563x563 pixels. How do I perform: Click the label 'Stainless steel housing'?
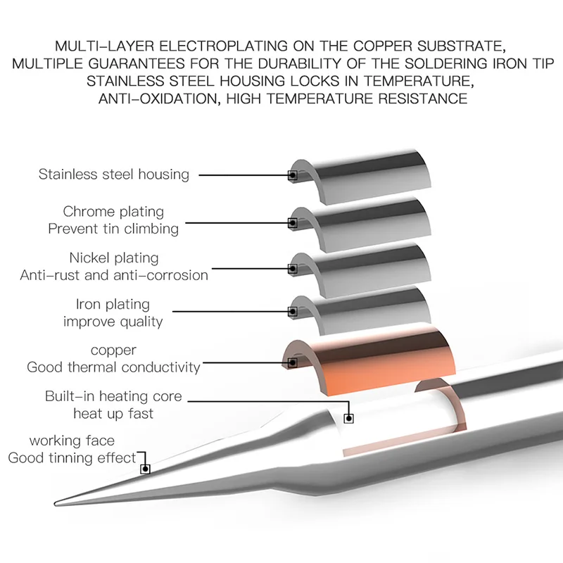point(114,174)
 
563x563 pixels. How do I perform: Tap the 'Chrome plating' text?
point(113,211)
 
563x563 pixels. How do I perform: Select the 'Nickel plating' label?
point(114,258)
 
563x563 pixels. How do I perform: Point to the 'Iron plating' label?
point(113,304)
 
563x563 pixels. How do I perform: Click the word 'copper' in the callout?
point(113,350)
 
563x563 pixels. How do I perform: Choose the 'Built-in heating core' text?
point(113,396)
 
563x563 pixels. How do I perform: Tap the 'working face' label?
point(72,441)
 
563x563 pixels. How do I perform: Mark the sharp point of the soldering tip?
point(56,502)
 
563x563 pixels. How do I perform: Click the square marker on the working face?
point(146,468)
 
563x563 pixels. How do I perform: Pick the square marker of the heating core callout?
point(348,418)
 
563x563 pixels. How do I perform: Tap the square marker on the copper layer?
point(293,362)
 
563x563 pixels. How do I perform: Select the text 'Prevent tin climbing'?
point(113,229)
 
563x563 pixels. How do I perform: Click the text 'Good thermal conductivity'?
point(113,367)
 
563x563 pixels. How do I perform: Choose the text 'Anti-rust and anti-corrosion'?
point(114,275)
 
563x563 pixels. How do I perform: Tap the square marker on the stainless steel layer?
point(293,175)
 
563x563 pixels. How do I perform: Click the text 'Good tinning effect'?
point(72,458)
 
